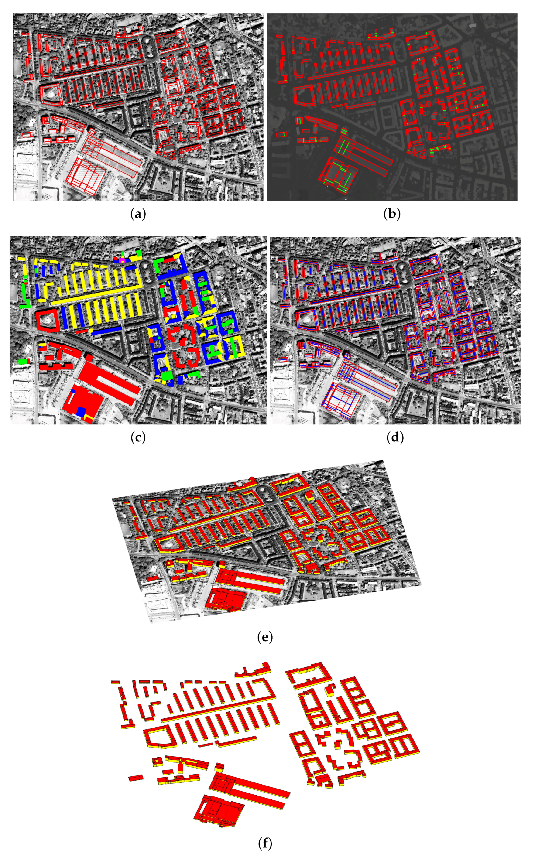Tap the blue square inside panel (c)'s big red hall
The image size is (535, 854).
tap(81, 411)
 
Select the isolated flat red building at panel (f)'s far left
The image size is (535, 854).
tap(136, 778)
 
